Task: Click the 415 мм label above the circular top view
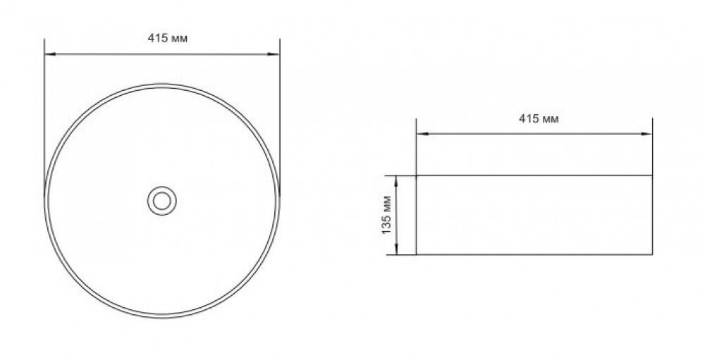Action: (168, 39)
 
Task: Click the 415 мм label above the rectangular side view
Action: (539, 119)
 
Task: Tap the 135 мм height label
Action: (386, 215)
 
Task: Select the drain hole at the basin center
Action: (162, 201)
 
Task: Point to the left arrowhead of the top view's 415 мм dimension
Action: (50, 54)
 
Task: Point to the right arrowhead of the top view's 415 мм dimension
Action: (274, 54)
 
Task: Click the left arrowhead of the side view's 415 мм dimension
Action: (422, 133)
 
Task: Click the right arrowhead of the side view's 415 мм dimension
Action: (646, 133)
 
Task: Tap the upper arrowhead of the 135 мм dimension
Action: (396, 181)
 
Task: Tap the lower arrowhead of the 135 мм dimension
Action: (396, 249)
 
